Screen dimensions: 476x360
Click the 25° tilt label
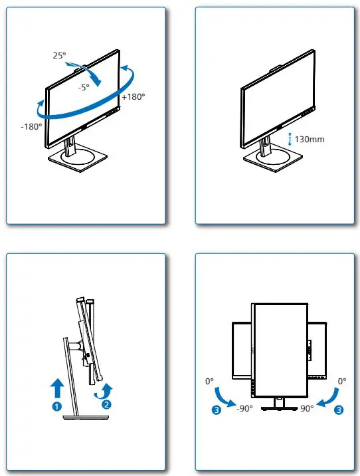[59, 56]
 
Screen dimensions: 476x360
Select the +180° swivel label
[134, 96]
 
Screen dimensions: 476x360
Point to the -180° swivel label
[31, 125]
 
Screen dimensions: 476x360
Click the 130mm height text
[309, 140]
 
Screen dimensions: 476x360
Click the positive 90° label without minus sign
[306, 409]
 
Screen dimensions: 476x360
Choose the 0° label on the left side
[210, 382]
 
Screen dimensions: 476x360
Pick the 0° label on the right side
[342, 382]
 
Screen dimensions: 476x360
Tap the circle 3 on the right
[339, 410]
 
